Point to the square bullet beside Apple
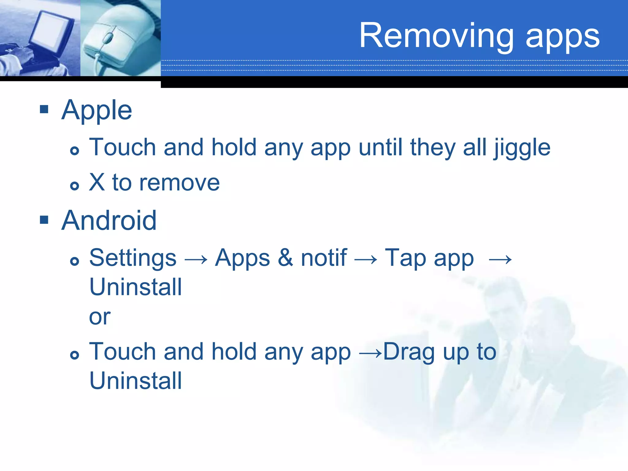44,109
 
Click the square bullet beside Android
44,220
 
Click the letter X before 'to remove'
97,182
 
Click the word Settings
133,258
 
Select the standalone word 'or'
99,317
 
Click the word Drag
409,352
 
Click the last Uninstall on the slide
136,381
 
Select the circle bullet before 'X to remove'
75,186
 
